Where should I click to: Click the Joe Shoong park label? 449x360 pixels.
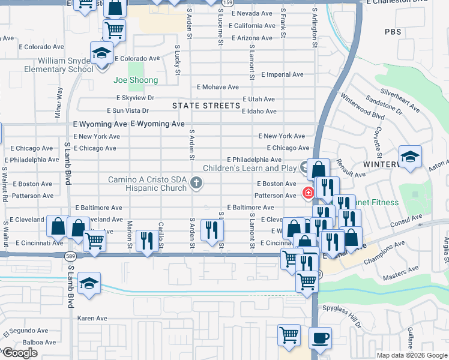pos(136,80)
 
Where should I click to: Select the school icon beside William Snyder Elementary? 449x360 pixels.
pos(101,53)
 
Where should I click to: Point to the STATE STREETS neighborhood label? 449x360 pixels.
pos(206,106)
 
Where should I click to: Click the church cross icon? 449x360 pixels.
pos(196,183)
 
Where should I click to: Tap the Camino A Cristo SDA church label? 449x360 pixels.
pos(147,183)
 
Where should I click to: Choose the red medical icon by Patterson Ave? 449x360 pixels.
pos(308,193)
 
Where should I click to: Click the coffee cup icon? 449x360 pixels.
pos(320,338)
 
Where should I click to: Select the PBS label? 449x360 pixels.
pos(393,32)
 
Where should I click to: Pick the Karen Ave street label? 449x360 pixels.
pos(92,318)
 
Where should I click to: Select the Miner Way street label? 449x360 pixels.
pos(59,102)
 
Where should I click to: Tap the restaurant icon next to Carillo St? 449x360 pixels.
pos(147,241)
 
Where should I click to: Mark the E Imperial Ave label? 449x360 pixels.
pos(282,74)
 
